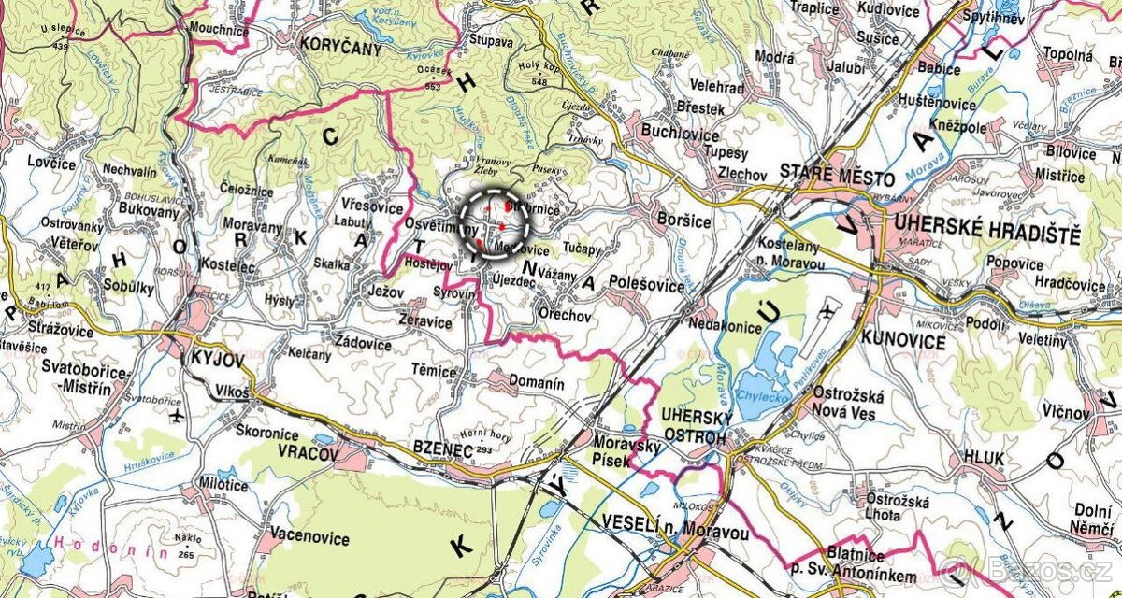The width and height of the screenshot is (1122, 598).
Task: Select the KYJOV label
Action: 216,359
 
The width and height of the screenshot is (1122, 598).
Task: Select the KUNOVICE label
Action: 904,341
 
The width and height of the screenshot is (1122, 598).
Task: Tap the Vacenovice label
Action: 309,538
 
